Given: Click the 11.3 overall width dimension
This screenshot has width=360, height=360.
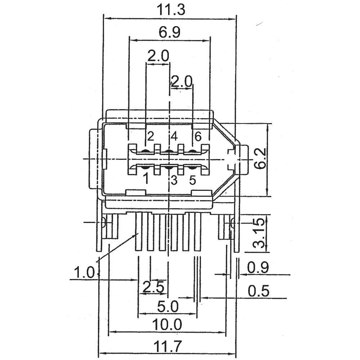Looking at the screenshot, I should click(x=170, y=10).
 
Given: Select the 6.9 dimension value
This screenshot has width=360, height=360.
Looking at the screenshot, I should click(x=169, y=33).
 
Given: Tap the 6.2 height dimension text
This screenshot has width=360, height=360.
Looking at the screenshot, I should click(x=260, y=159).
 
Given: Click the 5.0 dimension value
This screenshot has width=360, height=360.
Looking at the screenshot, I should click(x=168, y=307).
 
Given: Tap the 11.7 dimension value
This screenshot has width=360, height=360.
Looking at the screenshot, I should click(x=167, y=347).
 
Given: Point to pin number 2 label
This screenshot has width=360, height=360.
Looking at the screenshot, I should click(x=150, y=136).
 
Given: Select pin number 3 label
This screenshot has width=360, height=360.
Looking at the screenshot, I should click(x=174, y=180).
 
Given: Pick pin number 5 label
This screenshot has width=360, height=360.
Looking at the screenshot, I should click(x=192, y=180).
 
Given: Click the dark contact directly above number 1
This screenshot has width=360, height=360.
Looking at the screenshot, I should click(x=145, y=167).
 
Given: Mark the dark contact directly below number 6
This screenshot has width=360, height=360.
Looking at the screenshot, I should click(x=192, y=152).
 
